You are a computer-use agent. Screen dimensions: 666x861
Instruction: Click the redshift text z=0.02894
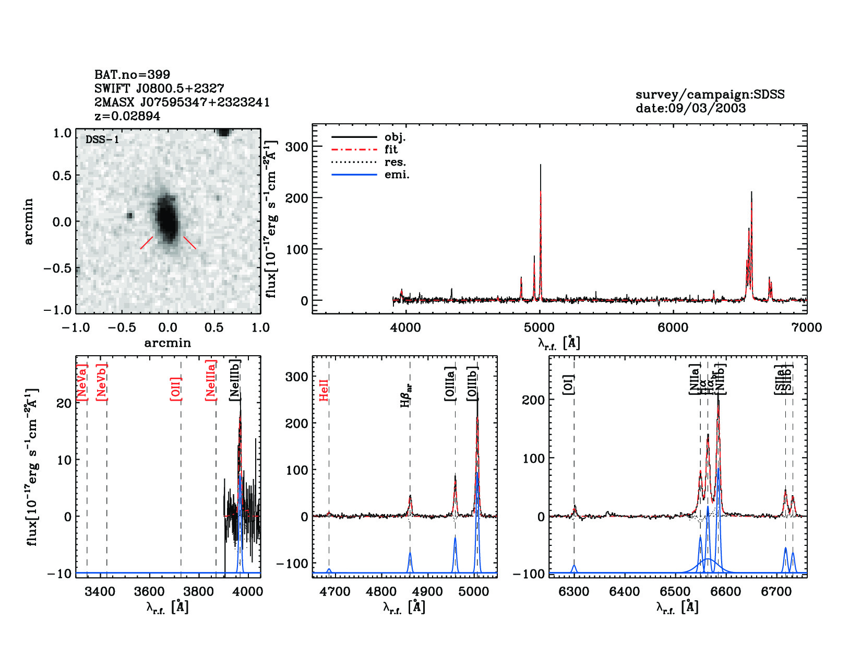pos(127,116)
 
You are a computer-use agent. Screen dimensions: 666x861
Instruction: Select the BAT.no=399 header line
pos(132,75)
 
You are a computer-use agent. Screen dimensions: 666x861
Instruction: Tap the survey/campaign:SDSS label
pos(710,95)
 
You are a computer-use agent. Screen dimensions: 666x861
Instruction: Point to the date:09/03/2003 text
pos(690,108)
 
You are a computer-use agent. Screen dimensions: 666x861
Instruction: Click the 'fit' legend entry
pos(391,149)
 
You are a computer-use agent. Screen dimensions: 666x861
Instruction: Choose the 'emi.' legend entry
pos(397,174)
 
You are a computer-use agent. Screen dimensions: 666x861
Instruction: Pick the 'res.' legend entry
pos(395,162)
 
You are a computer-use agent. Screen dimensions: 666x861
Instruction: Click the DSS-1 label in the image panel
pos(102,139)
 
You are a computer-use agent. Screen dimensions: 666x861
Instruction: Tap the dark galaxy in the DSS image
pos(167,218)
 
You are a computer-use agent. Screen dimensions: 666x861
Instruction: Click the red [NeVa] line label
pos(82,382)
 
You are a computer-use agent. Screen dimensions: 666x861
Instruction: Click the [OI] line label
pos(569,385)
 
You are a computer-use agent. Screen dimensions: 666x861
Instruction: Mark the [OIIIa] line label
pos(450,384)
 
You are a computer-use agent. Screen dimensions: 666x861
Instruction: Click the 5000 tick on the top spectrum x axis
pos(539,328)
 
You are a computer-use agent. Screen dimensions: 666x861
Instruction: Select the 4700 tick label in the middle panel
pos(334,591)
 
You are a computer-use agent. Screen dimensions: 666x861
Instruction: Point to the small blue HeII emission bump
pos(329,570)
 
